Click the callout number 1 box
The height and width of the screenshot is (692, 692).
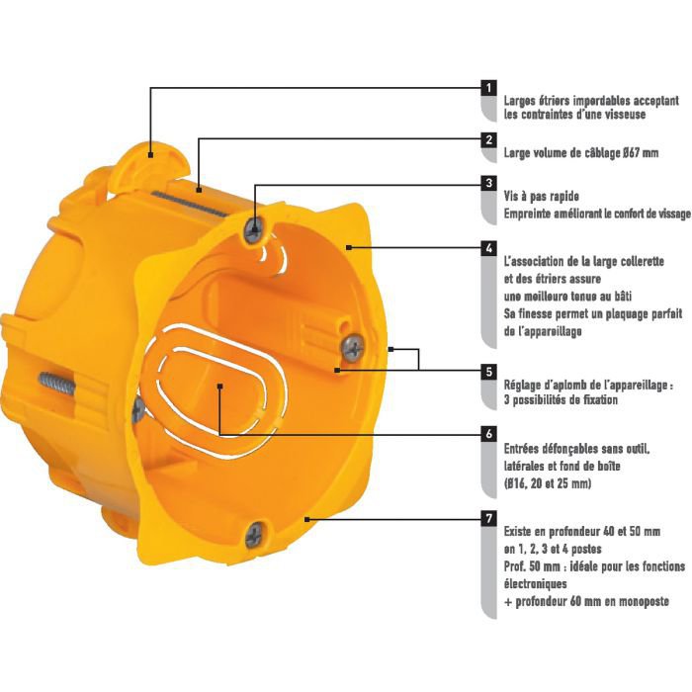click(488, 88)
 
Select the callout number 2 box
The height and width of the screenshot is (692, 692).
click(488, 140)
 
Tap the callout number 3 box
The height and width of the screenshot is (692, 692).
click(488, 183)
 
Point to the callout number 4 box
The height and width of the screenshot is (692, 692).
click(488, 248)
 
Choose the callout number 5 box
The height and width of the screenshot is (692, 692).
click(488, 371)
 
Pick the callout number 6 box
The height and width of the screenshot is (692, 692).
click(488, 434)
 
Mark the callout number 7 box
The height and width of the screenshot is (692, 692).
click(488, 519)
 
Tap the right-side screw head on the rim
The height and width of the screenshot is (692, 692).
click(353, 347)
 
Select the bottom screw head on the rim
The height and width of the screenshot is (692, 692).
click(255, 535)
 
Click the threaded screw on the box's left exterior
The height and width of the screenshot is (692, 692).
click(57, 383)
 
